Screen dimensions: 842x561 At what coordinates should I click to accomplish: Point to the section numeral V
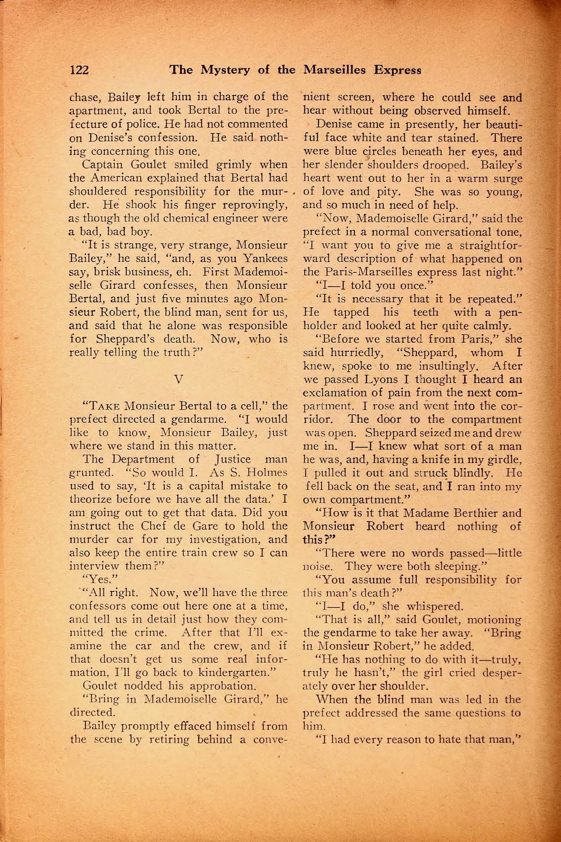pyautogui.click(x=178, y=378)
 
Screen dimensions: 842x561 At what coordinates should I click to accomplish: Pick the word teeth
pyautogui.click(x=423, y=312)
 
